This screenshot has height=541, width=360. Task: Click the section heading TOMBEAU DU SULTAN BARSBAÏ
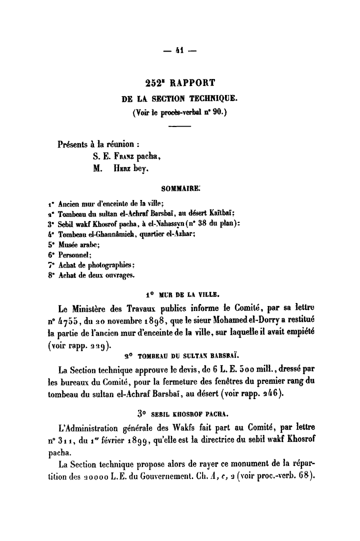(x=190, y=356)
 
